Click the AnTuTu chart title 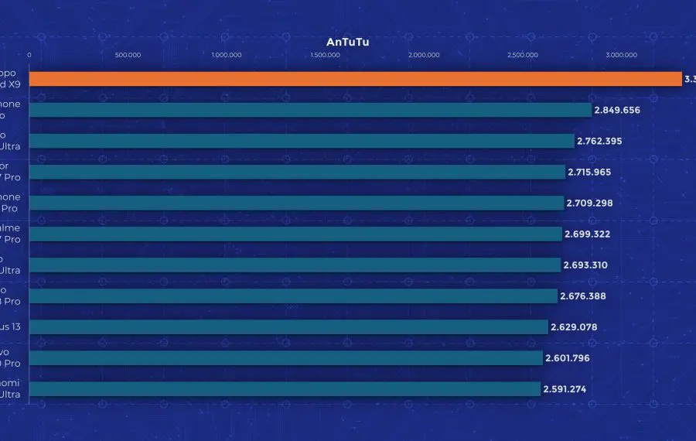[347, 42]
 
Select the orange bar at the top [355, 79]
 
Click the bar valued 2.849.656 [310, 110]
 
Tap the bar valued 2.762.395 [302, 141]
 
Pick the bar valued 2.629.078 [288, 326]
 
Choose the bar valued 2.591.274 [285, 388]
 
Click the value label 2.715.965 [589, 172]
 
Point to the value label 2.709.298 [588, 203]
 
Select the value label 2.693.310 [585, 265]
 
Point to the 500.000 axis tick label [128, 55]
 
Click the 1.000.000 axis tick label [227, 55]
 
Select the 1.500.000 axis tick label [326, 55]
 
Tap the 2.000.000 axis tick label [424, 55]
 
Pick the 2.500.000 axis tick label [523, 55]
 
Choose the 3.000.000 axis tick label [622, 55]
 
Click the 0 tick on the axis [29, 55]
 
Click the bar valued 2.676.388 [293, 296]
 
